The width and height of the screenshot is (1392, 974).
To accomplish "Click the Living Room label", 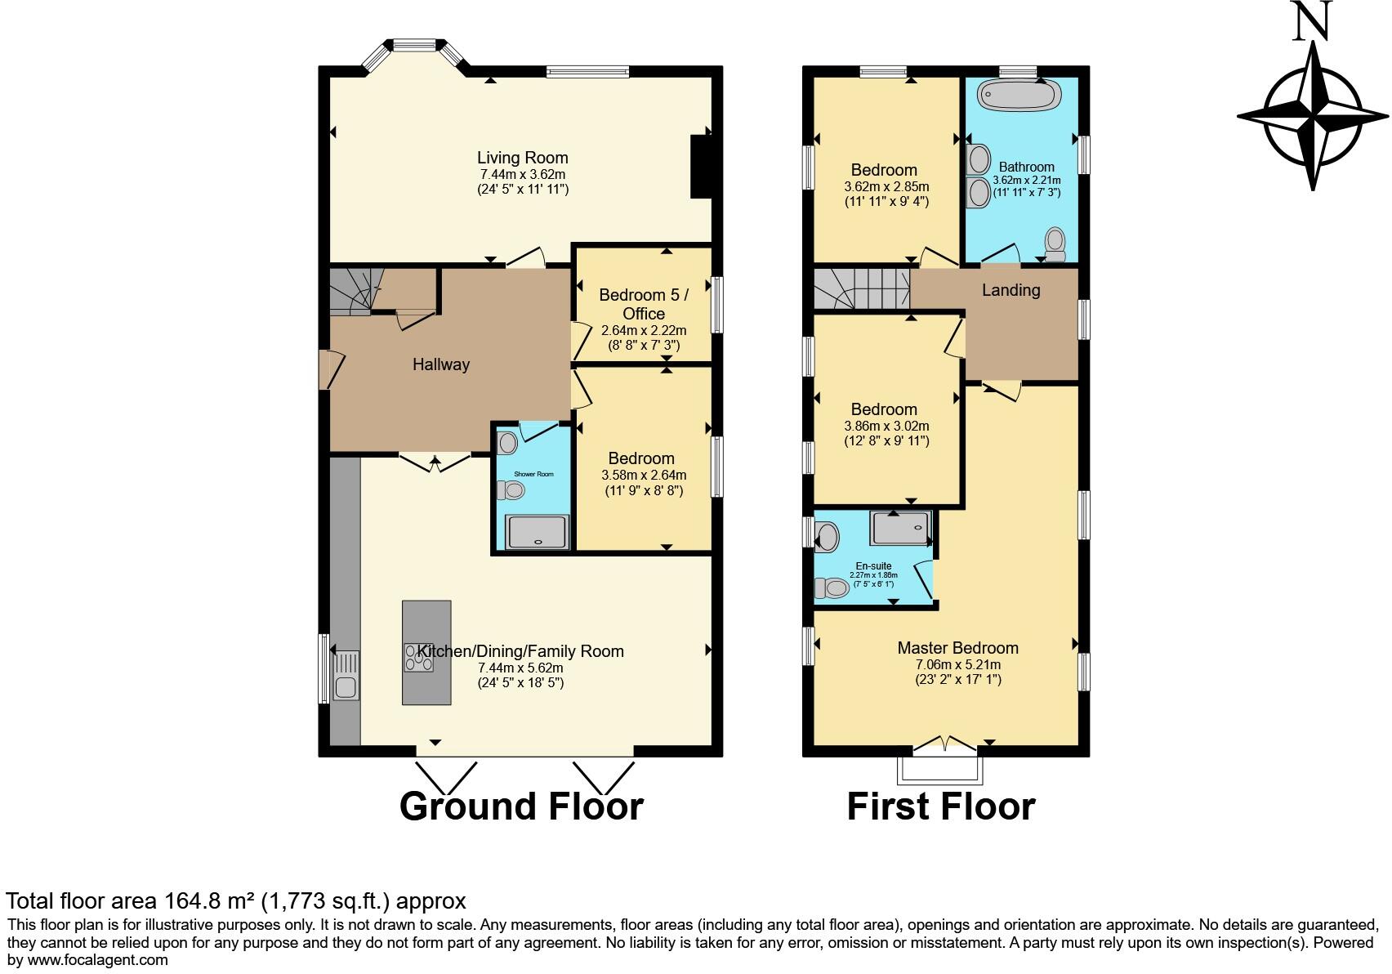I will [522, 158].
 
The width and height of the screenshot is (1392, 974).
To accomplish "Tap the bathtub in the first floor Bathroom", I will [1019, 96].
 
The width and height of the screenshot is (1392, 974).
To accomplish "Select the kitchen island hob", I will [419, 657].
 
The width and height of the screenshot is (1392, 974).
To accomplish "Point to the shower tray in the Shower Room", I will [537, 532].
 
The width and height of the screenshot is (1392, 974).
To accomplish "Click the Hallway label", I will [440, 364].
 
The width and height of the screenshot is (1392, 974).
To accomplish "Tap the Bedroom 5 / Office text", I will [643, 304].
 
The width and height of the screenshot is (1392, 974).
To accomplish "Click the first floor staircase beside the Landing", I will [861, 288].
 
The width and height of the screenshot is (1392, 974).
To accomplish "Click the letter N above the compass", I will [1313, 21].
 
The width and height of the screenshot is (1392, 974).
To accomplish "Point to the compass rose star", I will [1313, 117].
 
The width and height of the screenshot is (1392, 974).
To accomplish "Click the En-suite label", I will [873, 565].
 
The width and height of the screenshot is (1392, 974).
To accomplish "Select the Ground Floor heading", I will [521, 806].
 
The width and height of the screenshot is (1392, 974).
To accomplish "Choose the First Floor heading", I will [940, 806].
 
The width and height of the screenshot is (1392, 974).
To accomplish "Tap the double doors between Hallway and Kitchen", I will [435, 462].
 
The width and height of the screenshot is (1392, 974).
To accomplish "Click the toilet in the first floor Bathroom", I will [1055, 243].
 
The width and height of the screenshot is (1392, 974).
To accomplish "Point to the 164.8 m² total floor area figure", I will [209, 901].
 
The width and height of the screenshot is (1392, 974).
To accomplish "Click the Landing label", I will [1011, 290].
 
